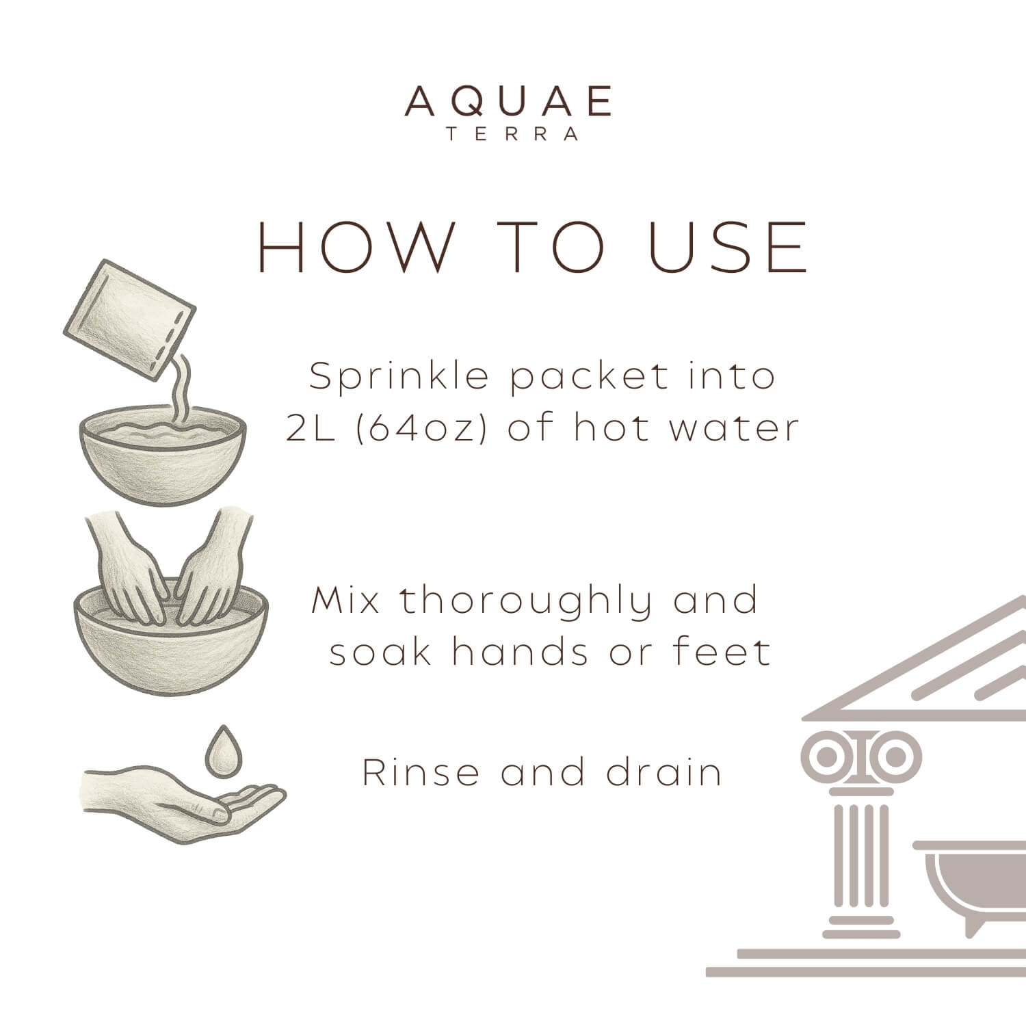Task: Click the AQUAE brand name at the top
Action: pos(508,102)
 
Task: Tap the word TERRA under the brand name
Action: pos(512,134)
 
